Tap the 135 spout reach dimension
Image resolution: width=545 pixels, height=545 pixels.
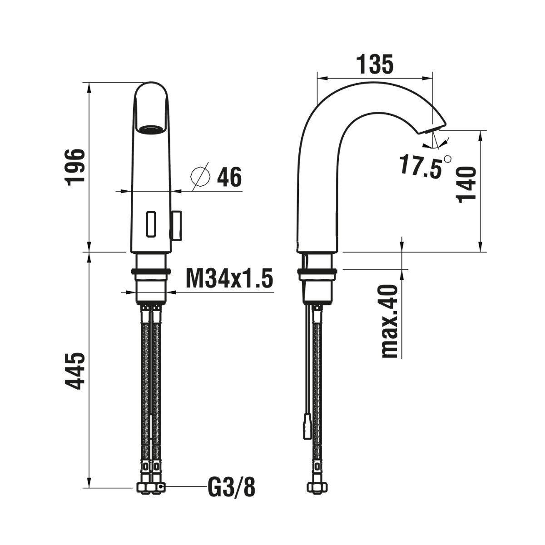(x=374, y=65)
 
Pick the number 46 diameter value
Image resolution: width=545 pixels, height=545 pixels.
(x=229, y=177)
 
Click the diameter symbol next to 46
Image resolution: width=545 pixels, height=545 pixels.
(x=200, y=175)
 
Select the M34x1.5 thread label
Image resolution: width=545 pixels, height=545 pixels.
(x=229, y=278)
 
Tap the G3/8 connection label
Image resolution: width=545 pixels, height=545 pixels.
(x=232, y=488)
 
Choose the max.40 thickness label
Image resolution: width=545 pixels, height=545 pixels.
(x=390, y=322)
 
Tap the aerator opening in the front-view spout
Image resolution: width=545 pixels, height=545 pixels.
(x=150, y=129)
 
